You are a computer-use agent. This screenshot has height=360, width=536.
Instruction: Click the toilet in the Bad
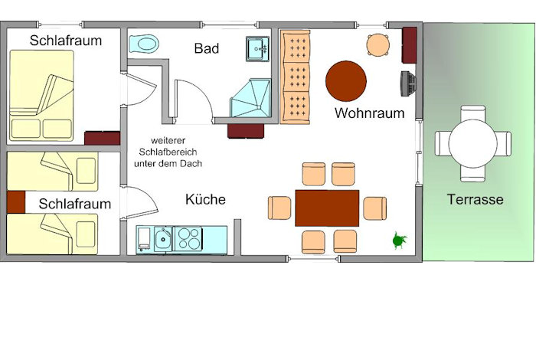[144, 44]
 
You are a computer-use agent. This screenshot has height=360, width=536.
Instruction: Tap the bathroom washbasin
[258, 48]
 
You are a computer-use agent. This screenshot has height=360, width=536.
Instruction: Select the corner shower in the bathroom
[251, 98]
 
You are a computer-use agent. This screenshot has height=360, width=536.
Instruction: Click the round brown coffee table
[346, 81]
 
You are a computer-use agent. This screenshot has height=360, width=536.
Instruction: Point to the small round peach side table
[378, 44]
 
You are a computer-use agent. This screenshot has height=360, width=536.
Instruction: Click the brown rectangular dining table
[327, 208]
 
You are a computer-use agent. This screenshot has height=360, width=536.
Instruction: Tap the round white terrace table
[472, 143]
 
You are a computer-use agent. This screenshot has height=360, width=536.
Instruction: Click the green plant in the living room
[399, 240]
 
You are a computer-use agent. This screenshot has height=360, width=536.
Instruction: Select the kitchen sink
[163, 239]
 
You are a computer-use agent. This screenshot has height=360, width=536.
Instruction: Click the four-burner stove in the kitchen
[188, 238]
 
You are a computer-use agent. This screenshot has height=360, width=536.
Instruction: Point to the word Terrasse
[476, 199]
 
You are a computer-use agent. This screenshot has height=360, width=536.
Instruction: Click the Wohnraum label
[370, 113]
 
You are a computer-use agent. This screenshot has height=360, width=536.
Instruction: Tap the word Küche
[205, 199]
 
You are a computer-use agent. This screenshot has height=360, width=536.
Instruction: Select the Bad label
[207, 48]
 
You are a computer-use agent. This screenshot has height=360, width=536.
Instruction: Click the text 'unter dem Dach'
[168, 163]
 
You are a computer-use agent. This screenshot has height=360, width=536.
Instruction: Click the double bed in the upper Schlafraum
[41, 96]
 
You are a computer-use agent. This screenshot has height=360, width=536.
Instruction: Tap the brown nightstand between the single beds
[16, 202]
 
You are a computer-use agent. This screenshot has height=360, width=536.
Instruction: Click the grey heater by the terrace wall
[408, 83]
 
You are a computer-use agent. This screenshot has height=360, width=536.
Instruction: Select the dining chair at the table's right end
[375, 208]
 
